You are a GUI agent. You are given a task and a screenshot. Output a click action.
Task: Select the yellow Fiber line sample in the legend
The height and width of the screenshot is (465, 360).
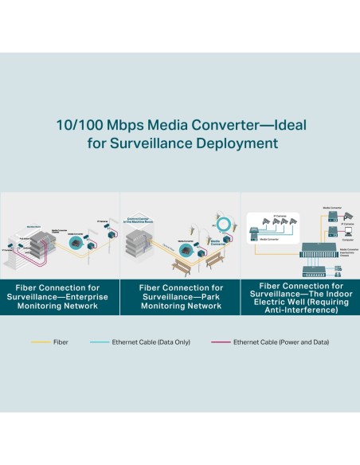(x=41, y=342)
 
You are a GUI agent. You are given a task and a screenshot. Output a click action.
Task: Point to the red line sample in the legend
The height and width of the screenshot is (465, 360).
(x=221, y=342)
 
